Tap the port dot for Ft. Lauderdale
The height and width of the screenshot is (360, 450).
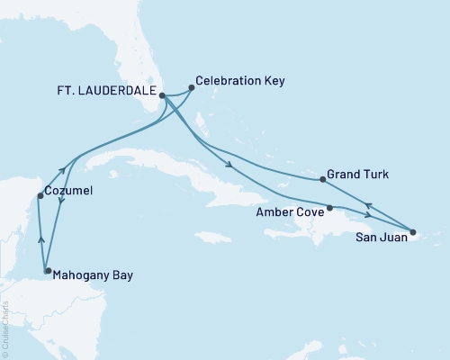(x=163, y=94)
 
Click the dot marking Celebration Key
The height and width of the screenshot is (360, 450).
(x=192, y=88)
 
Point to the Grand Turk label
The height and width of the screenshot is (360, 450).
(x=357, y=174)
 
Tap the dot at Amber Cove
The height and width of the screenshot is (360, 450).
(x=329, y=208)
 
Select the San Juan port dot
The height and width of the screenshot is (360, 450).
(x=413, y=232)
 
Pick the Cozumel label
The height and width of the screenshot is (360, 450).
(x=71, y=192)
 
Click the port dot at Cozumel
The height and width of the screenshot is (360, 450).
(x=39, y=195)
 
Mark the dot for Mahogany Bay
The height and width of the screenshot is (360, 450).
(x=48, y=270)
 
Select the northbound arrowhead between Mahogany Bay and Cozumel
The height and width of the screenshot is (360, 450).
(x=40, y=238)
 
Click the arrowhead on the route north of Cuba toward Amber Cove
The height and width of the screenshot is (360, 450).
(x=231, y=166)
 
